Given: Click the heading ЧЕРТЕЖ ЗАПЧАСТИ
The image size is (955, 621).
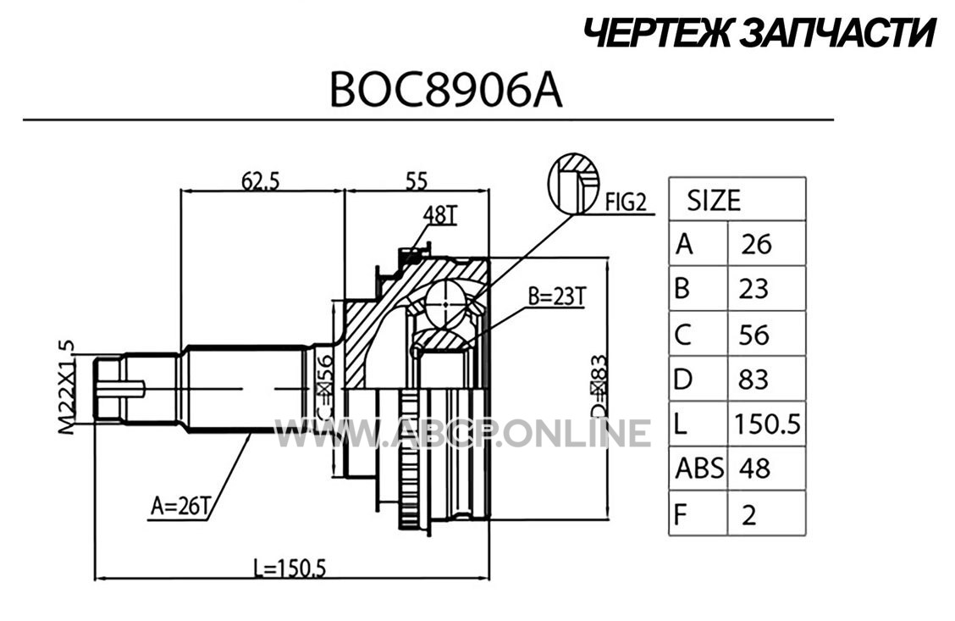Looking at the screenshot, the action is [x=759, y=33].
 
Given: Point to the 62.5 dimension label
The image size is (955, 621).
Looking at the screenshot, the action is [x=260, y=180].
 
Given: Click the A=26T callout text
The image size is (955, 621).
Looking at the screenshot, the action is [x=180, y=506].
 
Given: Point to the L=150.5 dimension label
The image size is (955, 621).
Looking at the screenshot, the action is [x=290, y=568].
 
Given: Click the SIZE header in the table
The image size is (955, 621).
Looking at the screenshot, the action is [x=714, y=201].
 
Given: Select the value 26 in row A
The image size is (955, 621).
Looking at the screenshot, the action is [x=756, y=244].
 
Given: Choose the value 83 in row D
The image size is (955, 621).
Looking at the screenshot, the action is [x=754, y=379].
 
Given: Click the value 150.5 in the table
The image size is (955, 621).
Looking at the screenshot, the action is [x=767, y=424].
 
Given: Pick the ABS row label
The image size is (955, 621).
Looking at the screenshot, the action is [x=700, y=469].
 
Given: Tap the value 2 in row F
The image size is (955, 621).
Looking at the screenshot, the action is [x=749, y=516].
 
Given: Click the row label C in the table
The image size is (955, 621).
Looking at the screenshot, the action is [x=682, y=335].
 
